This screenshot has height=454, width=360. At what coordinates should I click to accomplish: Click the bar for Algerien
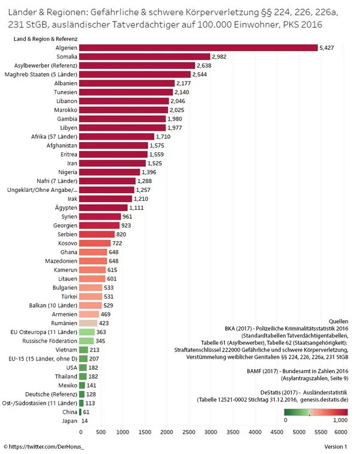click(198, 47)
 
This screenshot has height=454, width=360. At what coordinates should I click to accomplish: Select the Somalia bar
click(145, 56)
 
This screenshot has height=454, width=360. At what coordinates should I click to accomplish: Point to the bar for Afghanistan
click(114, 146)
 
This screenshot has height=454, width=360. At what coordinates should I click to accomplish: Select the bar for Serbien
click(97, 234)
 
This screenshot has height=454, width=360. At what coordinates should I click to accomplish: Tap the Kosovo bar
click(95, 243)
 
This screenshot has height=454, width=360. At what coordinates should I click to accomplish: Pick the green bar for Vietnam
click(85, 349)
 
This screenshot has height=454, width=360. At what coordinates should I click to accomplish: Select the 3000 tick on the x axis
click(211, 431)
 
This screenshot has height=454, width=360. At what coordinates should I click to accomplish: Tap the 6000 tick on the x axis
click(341, 431)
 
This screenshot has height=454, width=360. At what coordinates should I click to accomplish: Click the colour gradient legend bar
click(316, 411)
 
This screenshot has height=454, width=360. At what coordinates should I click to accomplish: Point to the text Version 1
click(335, 447)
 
